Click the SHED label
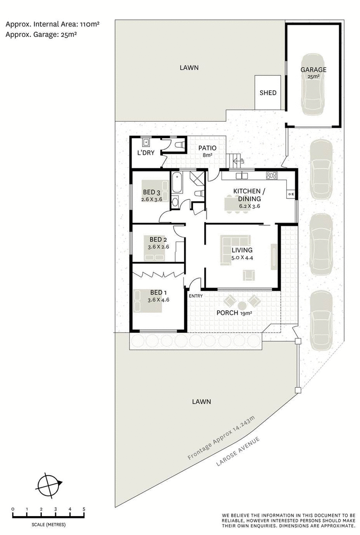point(268,93)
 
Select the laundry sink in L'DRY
point(146,143)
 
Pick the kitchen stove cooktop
point(272,175)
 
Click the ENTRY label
point(196,296)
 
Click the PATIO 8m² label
point(207,151)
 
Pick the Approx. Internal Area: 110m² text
point(53,23)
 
